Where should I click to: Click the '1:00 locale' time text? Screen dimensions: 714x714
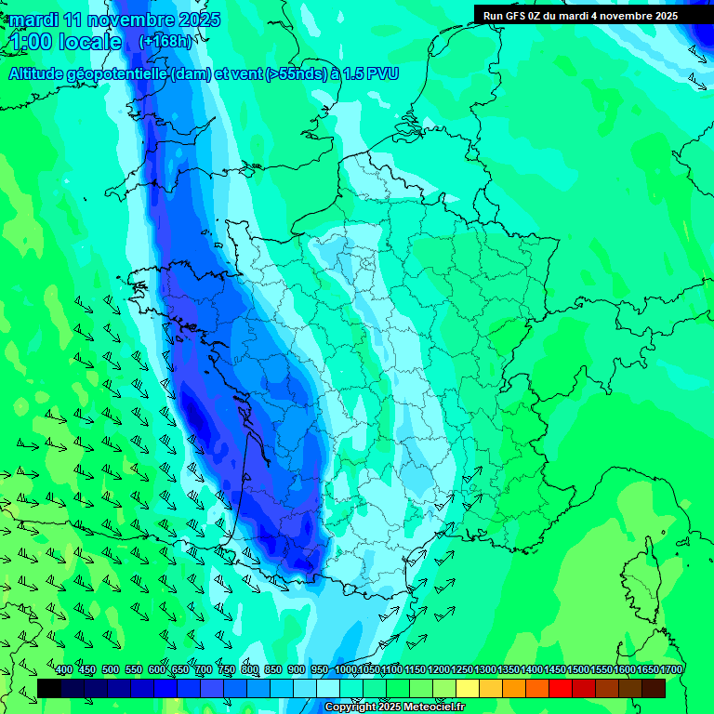click(66, 42)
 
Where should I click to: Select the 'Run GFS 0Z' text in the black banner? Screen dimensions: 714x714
click(512, 16)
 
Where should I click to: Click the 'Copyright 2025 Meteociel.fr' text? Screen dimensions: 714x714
click(394, 707)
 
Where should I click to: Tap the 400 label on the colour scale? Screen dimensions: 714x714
click(63, 670)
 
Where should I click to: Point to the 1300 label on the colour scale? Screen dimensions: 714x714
click(485, 670)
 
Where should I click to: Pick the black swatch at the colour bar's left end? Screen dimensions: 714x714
click(49, 688)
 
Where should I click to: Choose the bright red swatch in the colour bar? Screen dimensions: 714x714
click(561, 688)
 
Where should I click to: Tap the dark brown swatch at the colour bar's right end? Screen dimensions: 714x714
click(654, 688)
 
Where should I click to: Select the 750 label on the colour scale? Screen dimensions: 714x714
click(226, 670)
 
